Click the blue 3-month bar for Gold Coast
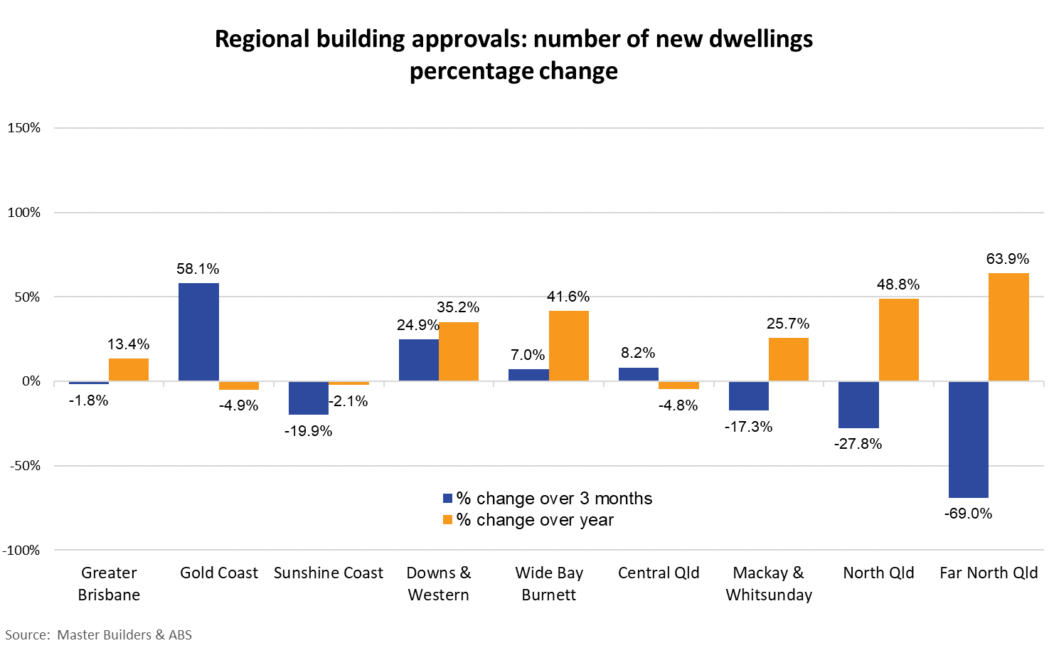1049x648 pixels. click(198, 332)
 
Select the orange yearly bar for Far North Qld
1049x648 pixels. click(1008, 327)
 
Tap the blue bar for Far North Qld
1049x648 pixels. click(969, 440)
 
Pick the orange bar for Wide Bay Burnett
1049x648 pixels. click(569, 346)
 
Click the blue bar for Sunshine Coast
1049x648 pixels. click(309, 398)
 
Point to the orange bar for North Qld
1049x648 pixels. click(899, 340)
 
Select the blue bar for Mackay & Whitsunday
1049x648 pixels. click(749, 396)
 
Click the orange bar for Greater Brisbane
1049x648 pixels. click(129, 370)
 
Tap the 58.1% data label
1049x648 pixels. click(198, 269)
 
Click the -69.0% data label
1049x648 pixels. click(968, 514)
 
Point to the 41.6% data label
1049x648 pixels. click(568, 297)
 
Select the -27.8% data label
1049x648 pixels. click(858, 444)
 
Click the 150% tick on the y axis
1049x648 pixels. click(24, 128)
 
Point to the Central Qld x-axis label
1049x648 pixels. click(659, 573)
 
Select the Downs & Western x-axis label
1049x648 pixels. click(439, 583)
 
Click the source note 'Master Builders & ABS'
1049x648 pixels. click(124, 634)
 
